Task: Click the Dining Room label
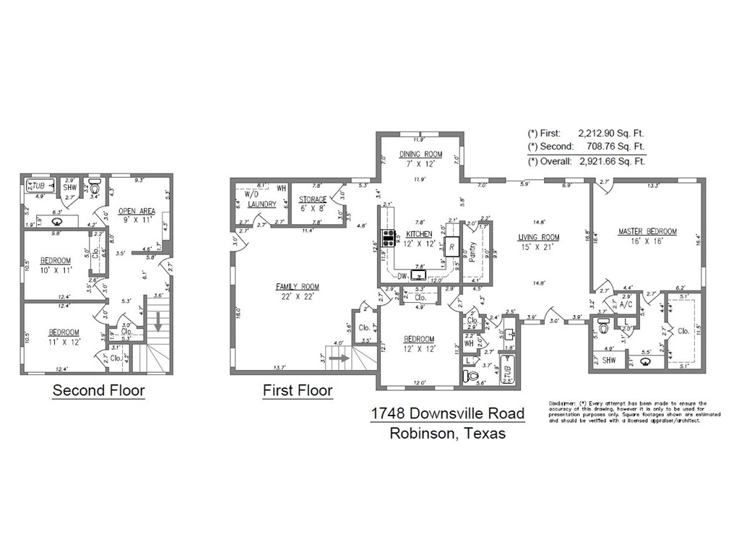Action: [420, 154]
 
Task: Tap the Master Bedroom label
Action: [647, 231]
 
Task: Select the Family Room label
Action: [297, 287]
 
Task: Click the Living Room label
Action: [539, 237]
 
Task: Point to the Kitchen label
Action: [419, 234]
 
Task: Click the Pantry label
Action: [472, 251]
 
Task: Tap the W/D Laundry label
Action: [261, 199]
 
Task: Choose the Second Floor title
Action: [98, 391]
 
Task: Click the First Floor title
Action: [298, 391]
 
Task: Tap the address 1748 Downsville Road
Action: [447, 413]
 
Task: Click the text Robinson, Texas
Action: [447, 434]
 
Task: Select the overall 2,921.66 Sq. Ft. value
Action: [611, 161]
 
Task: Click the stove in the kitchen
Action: [388, 237]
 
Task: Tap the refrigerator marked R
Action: [451, 247]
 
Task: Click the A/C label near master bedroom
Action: [626, 305]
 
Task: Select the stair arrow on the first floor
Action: [340, 356]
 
